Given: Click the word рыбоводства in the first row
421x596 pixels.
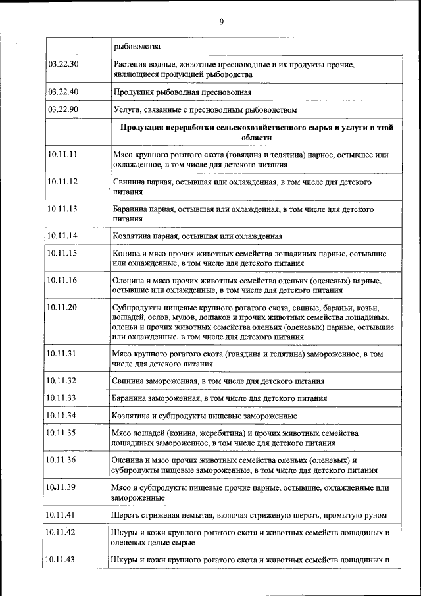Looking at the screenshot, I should click(x=136, y=46).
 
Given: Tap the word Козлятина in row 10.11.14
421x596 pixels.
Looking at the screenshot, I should click(x=132, y=236).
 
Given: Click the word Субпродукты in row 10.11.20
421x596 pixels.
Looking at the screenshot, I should click(x=138, y=308).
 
